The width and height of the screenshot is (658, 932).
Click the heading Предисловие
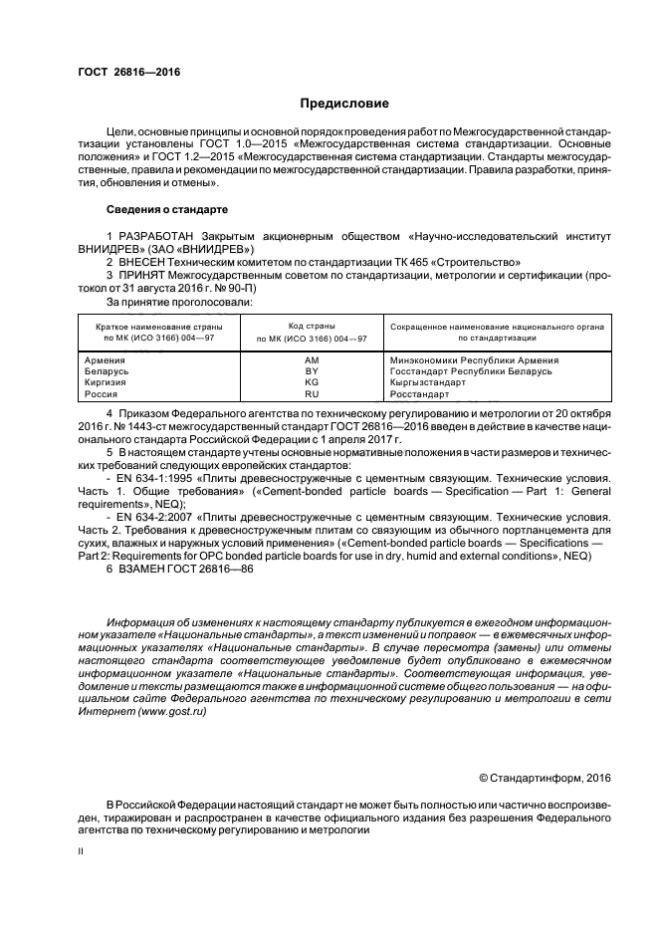click(x=345, y=104)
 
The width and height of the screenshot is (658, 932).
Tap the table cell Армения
click(x=107, y=359)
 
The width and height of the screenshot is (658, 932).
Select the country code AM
click(x=312, y=359)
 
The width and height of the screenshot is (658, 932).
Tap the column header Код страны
click(x=312, y=326)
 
